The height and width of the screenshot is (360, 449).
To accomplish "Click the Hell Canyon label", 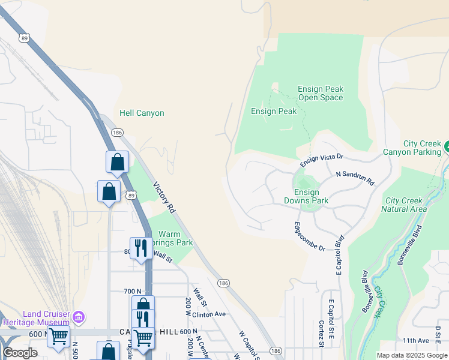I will pos(142,113).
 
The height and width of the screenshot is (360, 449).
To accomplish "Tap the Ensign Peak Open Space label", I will pos(321,94).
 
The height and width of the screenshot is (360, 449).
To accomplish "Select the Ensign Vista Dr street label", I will pos(321,159).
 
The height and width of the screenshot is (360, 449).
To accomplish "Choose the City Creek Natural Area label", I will pos(406,205).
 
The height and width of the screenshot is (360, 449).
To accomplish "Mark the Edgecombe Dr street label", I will pos(309,236).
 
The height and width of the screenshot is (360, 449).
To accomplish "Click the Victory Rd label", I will pos(163,197).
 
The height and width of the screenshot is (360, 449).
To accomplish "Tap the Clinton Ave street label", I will pos(208,314).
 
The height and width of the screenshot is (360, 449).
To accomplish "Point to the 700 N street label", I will pos(132,291).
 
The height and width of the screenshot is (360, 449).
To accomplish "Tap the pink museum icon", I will pos(79,316).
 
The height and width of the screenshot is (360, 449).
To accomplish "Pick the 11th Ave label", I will pos(415,340).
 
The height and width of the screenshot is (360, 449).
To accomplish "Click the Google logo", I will pos(20,353).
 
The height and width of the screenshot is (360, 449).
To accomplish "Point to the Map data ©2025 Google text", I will pos(412,355).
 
